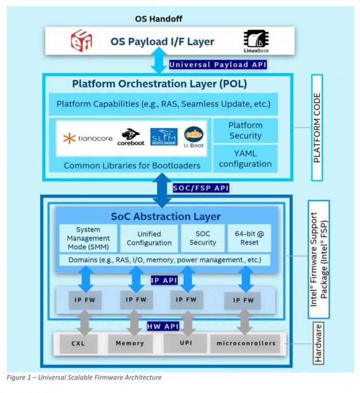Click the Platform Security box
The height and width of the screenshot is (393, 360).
(245, 130)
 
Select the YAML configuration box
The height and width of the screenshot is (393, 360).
(245, 158)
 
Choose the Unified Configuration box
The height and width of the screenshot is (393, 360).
(149, 238)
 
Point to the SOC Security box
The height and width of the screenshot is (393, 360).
(203, 238)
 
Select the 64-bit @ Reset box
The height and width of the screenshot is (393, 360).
(249, 238)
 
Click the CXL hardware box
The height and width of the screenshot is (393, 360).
(78, 343)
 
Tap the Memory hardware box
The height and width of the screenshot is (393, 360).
(130, 343)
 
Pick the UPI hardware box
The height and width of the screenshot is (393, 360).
(185, 343)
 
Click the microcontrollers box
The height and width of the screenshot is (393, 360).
(245, 343)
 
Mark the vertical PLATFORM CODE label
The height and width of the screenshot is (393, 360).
(317, 127)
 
